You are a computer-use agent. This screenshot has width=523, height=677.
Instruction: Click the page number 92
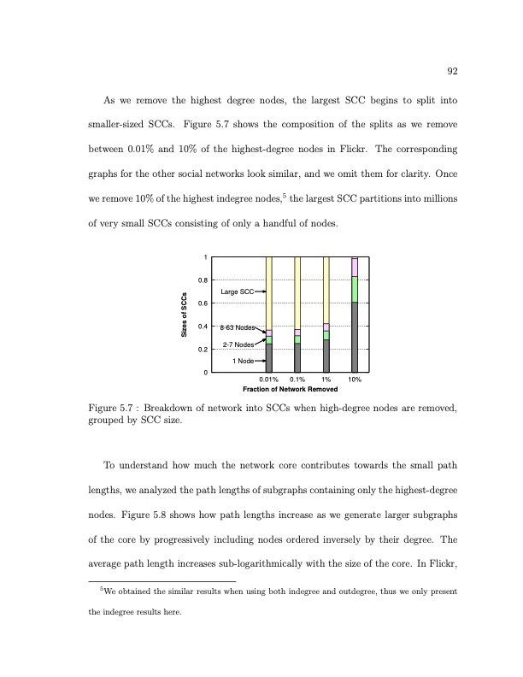(452, 72)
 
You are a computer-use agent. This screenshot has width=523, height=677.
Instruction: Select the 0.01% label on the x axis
(269, 380)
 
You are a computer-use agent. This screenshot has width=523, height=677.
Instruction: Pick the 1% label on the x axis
(326, 380)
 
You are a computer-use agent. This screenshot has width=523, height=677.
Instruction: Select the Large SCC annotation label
(236, 292)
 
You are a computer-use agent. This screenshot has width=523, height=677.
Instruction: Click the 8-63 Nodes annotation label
(238, 327)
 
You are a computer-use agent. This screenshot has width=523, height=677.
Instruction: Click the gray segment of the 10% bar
(355, 338)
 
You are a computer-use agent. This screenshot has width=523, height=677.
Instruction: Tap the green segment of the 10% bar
(355, 289)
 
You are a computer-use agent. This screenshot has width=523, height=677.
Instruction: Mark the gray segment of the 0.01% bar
(269, 358)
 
